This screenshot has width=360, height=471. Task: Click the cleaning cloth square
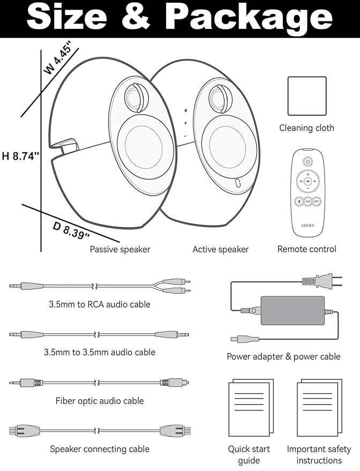coord(307,96)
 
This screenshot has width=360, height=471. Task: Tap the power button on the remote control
coord(307,162)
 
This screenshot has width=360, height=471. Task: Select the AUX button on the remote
coord(307,201)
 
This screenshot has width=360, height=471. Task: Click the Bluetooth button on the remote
coord(299,201)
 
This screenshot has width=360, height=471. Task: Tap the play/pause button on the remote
coord(307,182)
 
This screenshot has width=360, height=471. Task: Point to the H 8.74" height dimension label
coord(20,156)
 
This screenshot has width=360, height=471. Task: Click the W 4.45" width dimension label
coord(58,59)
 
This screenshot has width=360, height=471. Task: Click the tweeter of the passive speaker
coord(136,97)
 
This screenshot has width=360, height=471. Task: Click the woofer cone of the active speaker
coord(229,147)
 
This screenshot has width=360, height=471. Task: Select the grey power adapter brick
coord(292,311)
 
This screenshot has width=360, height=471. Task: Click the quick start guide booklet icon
coord(251,408)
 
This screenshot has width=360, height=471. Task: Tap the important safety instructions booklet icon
coord(319,408)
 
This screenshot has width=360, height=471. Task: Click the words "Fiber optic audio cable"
coord(100,401)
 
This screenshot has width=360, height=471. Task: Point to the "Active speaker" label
coord(221,249)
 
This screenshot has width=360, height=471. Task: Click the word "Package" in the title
coord(249,18)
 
